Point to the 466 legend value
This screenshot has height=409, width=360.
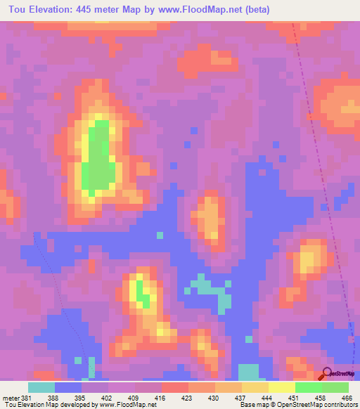347,398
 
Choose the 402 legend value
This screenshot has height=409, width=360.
106,398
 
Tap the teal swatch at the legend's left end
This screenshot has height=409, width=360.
41,388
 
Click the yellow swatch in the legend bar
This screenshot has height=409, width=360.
282,388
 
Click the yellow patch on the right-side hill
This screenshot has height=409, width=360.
307,261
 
